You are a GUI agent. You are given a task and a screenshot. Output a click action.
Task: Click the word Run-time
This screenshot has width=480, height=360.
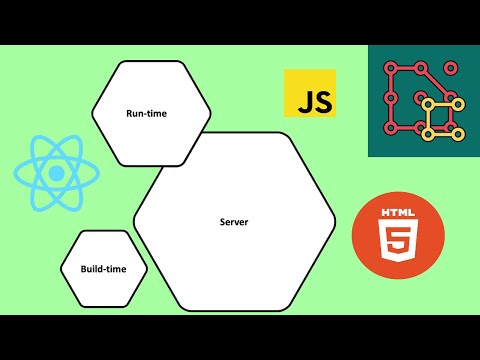[x=146, y=114]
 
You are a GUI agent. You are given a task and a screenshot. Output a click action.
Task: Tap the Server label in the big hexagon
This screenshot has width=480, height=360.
[x=233, y=220]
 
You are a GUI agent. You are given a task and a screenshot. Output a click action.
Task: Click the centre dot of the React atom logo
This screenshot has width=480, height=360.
[x=57, y=172]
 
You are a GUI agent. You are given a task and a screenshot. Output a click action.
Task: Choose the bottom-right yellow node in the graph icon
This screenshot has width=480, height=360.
[x=457, y=135]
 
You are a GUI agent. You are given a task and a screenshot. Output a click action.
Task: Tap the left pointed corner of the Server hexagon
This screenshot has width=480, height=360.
[x=134, y=220]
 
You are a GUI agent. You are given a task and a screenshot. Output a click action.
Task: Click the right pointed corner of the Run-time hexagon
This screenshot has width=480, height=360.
[x=211, y=113]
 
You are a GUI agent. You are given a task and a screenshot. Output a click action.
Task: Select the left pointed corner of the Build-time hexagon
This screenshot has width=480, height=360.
[x=60, y=269]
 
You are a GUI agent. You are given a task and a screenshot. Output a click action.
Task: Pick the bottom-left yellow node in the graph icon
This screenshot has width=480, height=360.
[x=426, y=134]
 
